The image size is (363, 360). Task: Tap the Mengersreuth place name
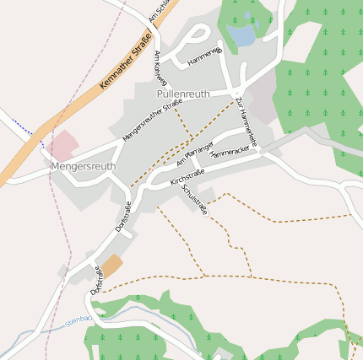83,166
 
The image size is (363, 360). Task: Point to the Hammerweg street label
204,57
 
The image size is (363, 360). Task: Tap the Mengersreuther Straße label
152,120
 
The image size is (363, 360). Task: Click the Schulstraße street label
195,200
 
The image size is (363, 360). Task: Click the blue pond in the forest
241,35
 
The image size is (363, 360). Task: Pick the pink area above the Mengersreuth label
62,144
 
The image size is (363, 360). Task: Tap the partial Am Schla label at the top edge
158,9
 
